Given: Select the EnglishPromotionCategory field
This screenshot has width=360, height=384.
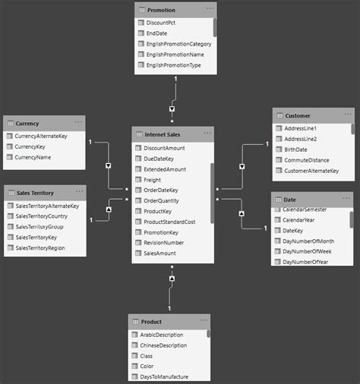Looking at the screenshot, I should pos(178,44).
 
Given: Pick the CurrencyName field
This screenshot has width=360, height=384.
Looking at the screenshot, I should pos(33,157).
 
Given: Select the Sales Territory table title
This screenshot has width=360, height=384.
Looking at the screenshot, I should pos(35,193).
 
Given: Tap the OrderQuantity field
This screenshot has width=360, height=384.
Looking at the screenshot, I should pos(163,201).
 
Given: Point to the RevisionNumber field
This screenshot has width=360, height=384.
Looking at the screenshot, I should pos(165,243).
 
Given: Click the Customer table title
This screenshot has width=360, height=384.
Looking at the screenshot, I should pos(298,116).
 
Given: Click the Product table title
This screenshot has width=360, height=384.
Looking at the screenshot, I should pos(151,323).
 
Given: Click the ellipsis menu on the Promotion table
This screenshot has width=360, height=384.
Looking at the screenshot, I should pos(210,8).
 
